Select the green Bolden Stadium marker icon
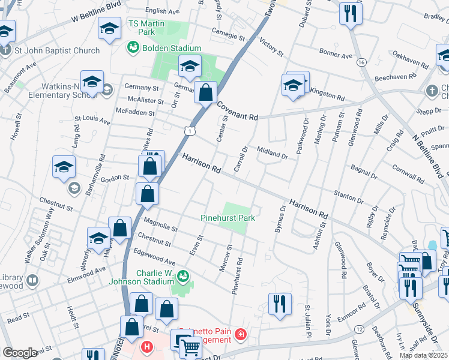[x=132, y=47]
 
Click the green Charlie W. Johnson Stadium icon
[x=182, y=276]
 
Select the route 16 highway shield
[x=361, y=62]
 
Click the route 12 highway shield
[x=358, y=330]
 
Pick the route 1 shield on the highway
[x=190, y=130]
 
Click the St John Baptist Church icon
[x=5, y=50]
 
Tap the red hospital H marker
[x=146, y=346]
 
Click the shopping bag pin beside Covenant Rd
[x=205, y=94]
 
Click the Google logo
[x=20, y=353]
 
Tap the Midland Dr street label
[x=272, y=152]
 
